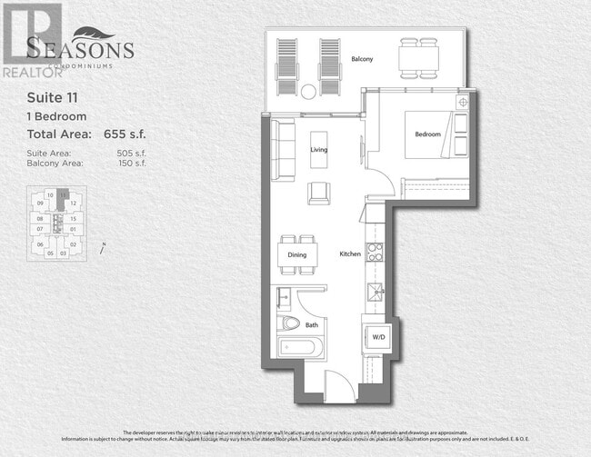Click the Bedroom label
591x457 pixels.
[x=427, y=134]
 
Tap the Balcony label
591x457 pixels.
[x=362, y=59]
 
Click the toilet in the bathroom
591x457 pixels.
[x=291, y=322]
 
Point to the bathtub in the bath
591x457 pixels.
[x=297, y=347]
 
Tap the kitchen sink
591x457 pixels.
[x=374, y=292]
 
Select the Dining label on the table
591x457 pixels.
[x=297, y=255]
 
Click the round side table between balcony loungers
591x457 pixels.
[x=307, y=90]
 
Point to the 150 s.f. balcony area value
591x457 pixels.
[x=131, y=164]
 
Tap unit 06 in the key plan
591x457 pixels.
[x=40, y=244]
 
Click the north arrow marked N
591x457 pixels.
[x=105, y=243]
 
